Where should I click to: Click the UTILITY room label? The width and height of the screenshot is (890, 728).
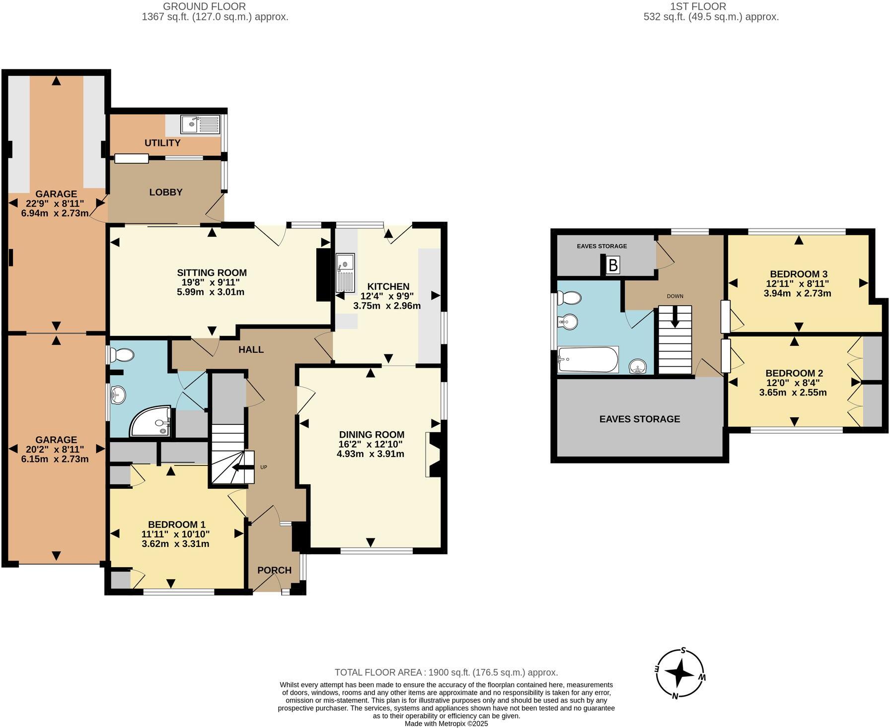click(162, 143)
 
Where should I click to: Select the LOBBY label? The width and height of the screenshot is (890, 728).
click(166, 192)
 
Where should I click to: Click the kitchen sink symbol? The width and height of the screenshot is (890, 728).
click(345, 272)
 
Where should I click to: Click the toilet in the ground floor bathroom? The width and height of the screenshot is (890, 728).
click(122, 355)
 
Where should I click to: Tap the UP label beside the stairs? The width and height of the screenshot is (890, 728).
click(264, 467)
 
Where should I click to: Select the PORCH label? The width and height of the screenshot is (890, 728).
click(274, 570)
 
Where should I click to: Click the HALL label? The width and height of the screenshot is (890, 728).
click(251, 349)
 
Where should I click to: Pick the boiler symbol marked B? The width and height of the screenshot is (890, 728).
click(613, 265)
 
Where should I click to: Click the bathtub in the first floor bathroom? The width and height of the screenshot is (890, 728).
click(588, 360)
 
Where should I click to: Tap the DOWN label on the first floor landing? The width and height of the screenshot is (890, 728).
click(675, 296)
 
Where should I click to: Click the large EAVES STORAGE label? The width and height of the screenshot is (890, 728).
click(640, 419)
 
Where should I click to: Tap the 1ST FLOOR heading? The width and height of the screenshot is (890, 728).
click(698, 6)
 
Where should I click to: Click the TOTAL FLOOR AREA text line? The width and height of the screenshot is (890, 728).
click(446, 672)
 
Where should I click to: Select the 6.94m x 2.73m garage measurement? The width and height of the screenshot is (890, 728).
click(55, 213)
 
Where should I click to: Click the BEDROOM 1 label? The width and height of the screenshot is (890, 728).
click(176, 525)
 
